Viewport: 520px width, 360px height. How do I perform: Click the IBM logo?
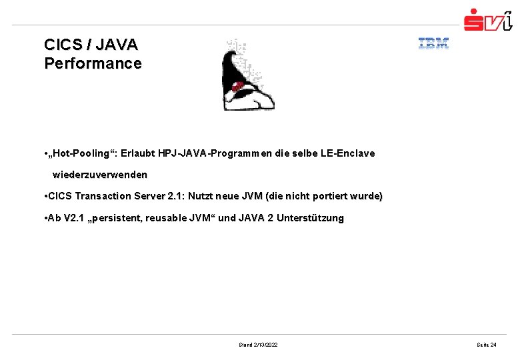tap(433, 44)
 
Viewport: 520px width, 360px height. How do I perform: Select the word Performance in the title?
tap(93, 64)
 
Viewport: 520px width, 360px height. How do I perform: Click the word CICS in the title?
tap(65, 45)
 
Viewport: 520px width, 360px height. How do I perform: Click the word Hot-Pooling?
tap(82, 153)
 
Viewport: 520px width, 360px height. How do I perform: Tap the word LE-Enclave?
tap(347, 153)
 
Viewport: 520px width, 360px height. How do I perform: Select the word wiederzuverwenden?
tap(100, 175)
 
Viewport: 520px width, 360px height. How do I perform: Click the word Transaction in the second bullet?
tap(102, 196)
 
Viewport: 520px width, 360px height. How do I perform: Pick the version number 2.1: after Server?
tap(175, 196)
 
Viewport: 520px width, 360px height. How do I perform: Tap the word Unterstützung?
tap(310, 218)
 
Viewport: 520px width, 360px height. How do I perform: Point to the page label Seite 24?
tap(486, 345)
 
